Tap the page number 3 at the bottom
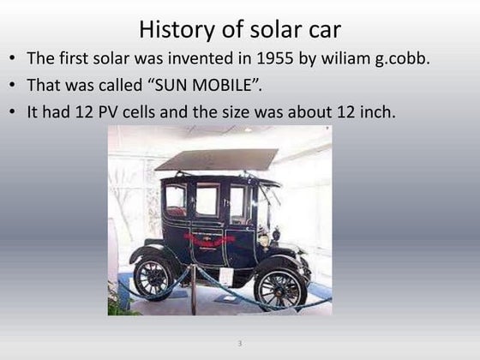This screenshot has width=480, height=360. tap(240, 344)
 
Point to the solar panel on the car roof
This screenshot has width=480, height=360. tap(216, 160)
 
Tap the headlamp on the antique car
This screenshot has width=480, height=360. tap(276, 233)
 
